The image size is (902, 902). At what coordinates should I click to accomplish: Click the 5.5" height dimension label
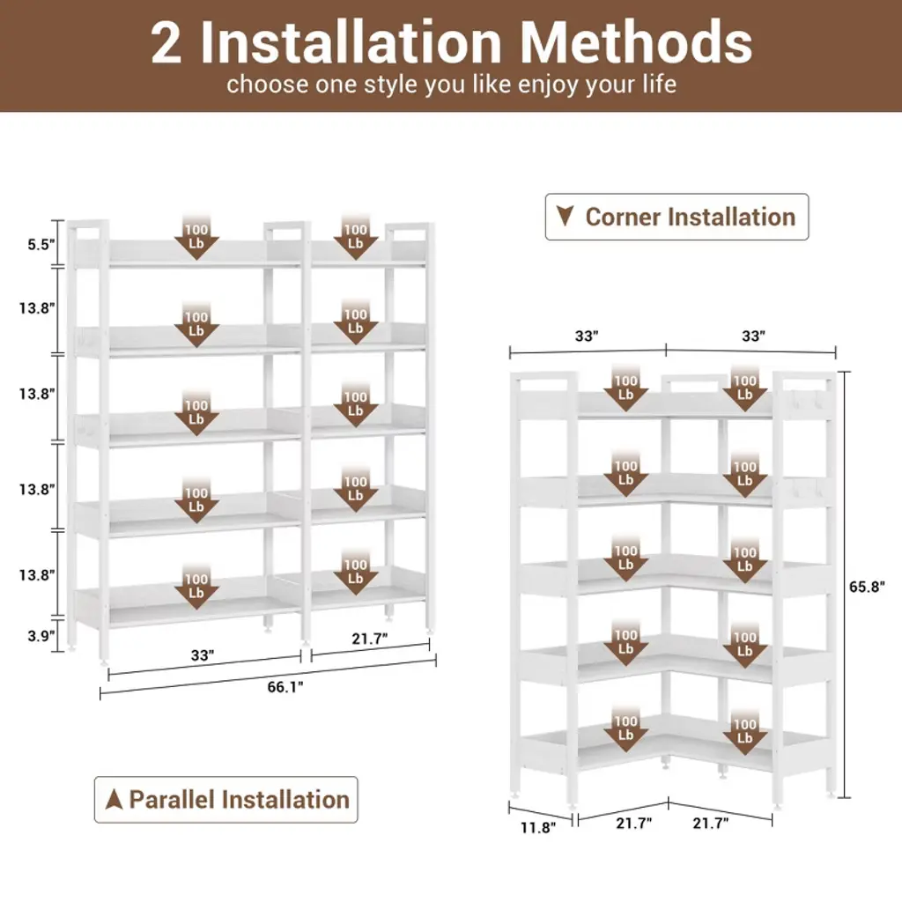41,245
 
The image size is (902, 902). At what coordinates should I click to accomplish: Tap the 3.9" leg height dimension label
41,636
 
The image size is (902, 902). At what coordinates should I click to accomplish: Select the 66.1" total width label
285,687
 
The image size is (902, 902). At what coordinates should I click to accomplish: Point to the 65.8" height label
867,586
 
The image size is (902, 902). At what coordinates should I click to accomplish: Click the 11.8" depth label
538,827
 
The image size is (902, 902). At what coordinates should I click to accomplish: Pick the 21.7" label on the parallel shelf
370,638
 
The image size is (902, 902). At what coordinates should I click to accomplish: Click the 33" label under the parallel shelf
203,655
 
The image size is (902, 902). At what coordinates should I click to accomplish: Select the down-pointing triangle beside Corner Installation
565,216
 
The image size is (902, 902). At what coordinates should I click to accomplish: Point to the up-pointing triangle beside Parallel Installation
114,799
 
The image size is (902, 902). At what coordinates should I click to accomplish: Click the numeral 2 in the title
166,43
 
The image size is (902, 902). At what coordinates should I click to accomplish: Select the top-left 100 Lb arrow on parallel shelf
196,238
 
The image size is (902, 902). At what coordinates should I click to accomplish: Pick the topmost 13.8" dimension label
37,307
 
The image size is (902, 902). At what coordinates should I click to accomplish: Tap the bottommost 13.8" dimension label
37,574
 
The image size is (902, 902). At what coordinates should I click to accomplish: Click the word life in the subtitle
660,84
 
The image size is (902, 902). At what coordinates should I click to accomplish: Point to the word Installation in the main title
351,42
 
